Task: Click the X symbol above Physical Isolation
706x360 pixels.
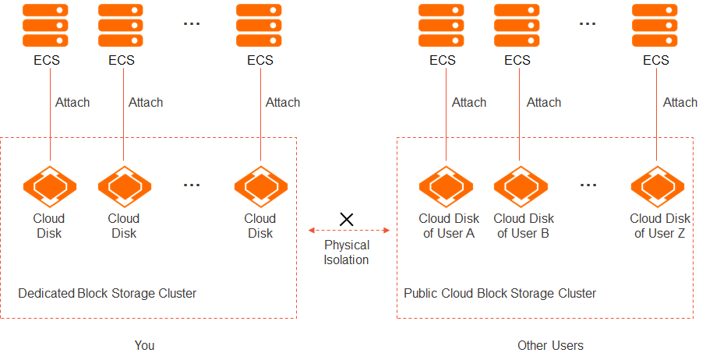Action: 347,219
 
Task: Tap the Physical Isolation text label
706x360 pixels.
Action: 347,252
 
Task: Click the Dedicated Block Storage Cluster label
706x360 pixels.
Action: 107,293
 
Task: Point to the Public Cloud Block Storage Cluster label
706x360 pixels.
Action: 499,293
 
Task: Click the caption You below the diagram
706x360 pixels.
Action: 144,345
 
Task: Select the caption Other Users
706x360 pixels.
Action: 550,345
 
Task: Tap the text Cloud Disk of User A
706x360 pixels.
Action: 449,226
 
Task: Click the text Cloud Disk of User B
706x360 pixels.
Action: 524,226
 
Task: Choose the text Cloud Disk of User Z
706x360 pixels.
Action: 660,226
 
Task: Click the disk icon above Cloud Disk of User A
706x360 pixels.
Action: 446,185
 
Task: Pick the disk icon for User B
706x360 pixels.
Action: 521,185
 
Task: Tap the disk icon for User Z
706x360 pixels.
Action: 657,185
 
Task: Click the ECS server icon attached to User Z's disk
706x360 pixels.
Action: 655,25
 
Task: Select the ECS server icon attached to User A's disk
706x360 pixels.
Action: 442,25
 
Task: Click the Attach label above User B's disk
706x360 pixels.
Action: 543,102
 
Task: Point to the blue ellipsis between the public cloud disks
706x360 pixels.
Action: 588,185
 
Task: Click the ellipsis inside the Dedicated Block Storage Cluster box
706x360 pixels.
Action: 192,185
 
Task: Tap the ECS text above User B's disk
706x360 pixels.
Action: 517,60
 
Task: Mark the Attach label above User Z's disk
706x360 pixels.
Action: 680,102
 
